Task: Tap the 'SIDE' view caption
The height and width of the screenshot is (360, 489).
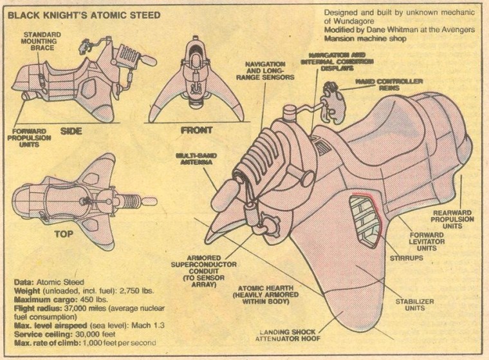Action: pos(72,130)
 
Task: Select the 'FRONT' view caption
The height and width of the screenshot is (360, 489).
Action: pos(197,130)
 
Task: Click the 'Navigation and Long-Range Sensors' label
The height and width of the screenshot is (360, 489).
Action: pos(270,71)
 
